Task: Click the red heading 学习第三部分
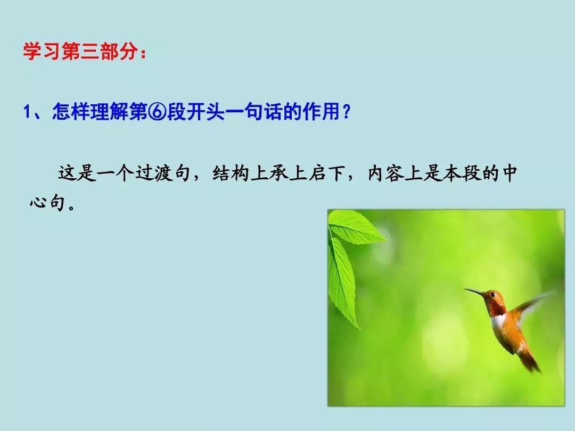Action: click(81, 51)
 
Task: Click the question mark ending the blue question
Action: click(346, 112)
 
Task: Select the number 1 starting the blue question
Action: click(27, 112)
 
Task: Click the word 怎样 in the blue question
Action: click(71, 111)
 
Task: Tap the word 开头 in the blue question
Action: click(206, 111)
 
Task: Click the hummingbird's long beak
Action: click(474, 292)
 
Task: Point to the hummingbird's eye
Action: click(492, 294)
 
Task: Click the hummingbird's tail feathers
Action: click(530, 361)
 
